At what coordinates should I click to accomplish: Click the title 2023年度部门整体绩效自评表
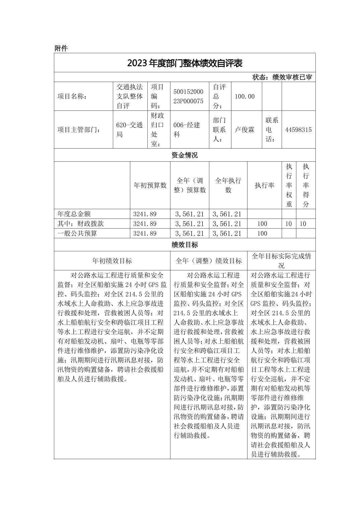185,63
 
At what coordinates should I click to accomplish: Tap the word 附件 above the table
61,49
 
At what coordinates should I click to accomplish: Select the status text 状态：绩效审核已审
282,77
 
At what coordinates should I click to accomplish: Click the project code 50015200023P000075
188,96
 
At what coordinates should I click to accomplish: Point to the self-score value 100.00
244,96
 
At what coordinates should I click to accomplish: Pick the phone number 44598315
298,130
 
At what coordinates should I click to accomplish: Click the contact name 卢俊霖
245,130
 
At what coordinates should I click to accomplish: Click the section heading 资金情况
185,155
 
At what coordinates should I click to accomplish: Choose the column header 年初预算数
150,185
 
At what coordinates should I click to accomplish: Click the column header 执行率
265,185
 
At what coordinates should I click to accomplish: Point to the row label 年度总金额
74,214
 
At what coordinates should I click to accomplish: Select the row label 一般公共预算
77,233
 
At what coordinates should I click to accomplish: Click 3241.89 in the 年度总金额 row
145,214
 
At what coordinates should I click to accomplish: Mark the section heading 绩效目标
185,245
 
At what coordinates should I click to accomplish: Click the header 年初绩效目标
112,261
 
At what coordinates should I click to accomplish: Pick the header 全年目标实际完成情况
281,261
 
